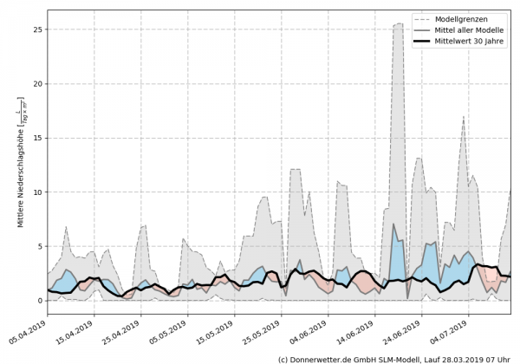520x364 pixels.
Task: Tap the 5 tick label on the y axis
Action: (x=39, y=247)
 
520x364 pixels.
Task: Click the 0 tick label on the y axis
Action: (x=39, y=301)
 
